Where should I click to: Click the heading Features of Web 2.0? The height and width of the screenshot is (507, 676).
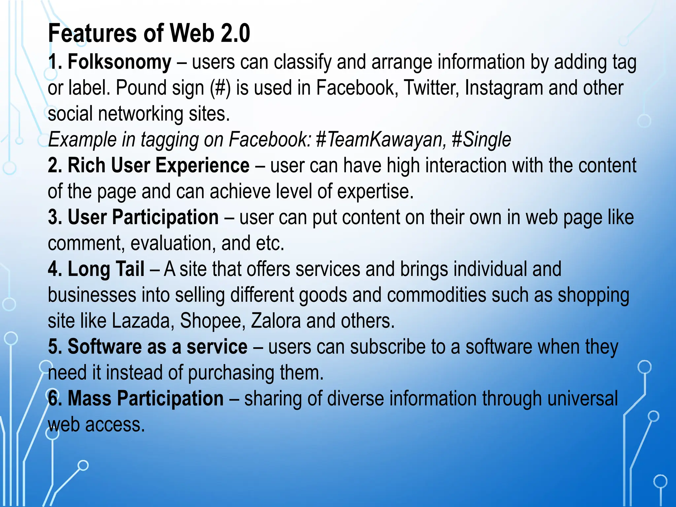[x=149, y=33]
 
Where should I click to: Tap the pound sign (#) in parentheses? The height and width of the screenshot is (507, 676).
[x=220, y=88]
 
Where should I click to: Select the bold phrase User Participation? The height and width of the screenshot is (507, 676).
[x=143, y=217]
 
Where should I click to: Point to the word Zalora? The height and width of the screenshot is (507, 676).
[x=276, y=321]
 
